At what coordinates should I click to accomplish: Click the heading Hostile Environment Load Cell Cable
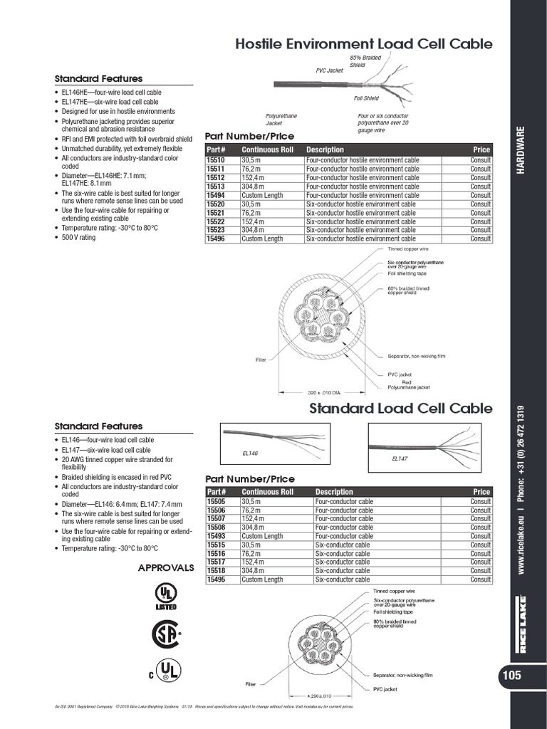tap(363, 44)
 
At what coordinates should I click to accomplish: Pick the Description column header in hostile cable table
tap(325, 150)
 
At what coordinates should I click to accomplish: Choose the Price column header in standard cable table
tap(481, 492)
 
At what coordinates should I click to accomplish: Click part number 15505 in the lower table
tap(216, 502)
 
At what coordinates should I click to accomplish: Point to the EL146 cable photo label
tap(250, 453)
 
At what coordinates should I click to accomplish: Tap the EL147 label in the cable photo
tap(400, 459)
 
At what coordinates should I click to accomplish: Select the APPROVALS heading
tap(165, 568)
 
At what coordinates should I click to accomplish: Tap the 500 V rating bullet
tap(78, 237)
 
